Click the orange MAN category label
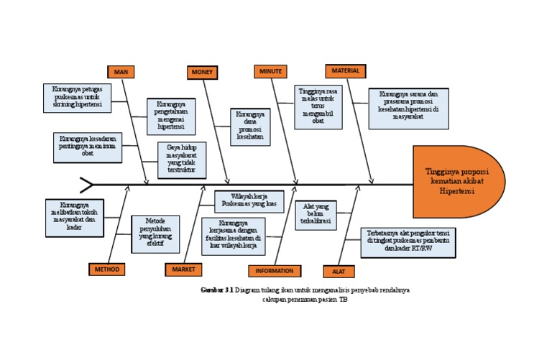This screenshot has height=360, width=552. click(x=121, y=71)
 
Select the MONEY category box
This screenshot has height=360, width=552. click(x=203, y=72)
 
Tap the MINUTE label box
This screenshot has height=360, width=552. click(x=270, y=71)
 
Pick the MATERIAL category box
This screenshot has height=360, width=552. click(x=346, y=70)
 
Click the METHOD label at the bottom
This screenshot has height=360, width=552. click(x=107, y=269)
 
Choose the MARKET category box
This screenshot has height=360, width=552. click(x=183, y=269)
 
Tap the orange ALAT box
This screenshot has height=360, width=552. click(x=339, y=271)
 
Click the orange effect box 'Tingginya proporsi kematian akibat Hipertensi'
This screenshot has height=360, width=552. click(x=458, y=182)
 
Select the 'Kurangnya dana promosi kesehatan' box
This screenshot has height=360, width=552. click(x=250, y=126)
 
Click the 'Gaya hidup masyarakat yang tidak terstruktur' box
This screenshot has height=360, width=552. click(x=182, y=160)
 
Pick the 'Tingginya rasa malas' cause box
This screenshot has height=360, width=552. click(x=318, y=106)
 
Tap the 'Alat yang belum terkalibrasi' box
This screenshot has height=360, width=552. click(x=316, y=215)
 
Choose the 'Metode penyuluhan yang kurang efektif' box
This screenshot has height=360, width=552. click(x=155, y=233)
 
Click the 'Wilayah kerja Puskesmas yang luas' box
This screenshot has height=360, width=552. click(x=249, y=201)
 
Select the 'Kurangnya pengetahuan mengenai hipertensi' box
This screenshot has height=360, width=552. click(x=171, y=116)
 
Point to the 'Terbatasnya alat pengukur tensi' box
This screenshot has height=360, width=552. click(x=407, y=242)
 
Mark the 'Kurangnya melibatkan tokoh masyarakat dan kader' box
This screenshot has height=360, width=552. click(x=75, y=218)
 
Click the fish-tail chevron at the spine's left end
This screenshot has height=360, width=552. click(x=86, y=185)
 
